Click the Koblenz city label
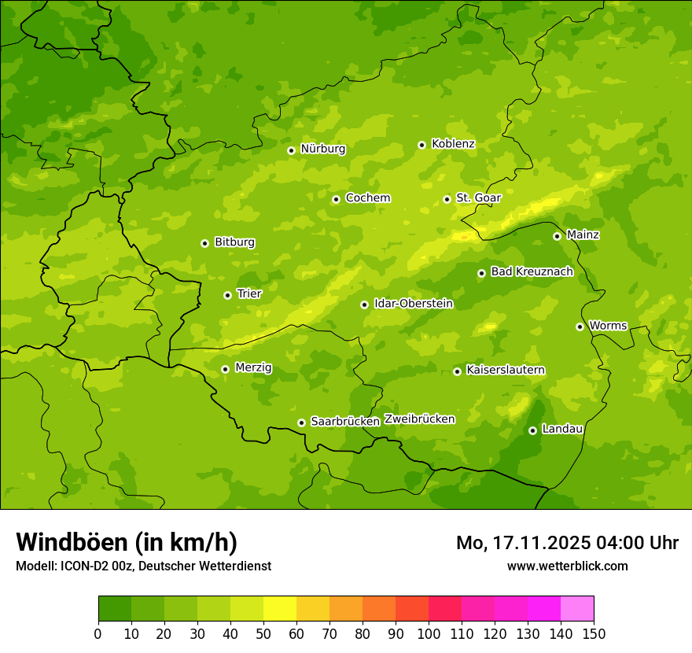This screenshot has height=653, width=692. [x=453, y=144]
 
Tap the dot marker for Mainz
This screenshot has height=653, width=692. [x=557, y=236]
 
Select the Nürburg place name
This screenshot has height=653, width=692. [x=322, y=149]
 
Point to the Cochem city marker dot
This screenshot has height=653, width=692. [x=336, y=199]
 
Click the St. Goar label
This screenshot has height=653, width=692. [x=478, y=198]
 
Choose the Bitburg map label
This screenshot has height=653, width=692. [x=234, y=242]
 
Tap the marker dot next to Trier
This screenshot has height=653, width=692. [x=227, y=295]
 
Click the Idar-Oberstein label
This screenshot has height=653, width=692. [x=413, y=304]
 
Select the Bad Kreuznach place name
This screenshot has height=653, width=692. [x=532, y=272]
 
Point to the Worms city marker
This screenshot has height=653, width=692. [x=580, y=326]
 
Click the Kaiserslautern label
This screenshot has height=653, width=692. [x=506, y=371]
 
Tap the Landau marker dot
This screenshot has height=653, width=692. [x=532, y=430]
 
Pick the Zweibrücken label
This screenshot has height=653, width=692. [x=419, y=419]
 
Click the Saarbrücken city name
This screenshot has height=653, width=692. [x=344, y=422]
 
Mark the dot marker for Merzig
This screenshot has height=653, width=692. [x=225, y=369]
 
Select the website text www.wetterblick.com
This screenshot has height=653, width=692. [x=567, y=566]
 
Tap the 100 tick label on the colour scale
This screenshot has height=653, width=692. [x=429, y=633]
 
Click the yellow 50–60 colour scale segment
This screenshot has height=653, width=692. [x=280, y=609]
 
